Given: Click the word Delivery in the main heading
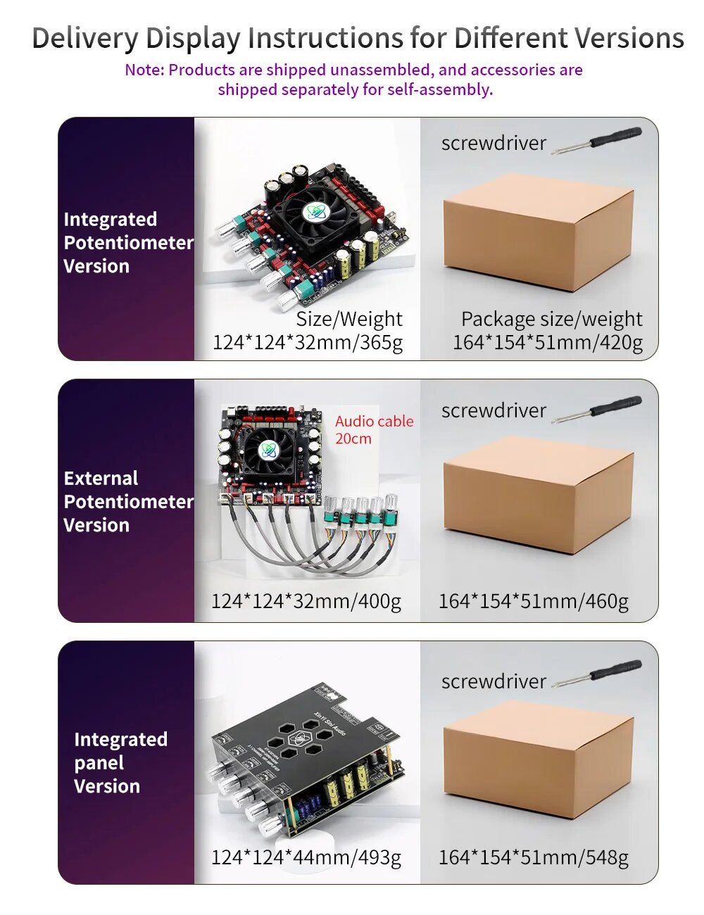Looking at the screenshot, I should click(84, 38).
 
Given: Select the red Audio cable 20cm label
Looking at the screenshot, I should click(374, 429).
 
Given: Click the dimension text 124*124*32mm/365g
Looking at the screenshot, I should click(308, 343).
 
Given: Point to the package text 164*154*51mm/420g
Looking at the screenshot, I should click(548, 343).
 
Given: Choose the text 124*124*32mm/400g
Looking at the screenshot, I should click(306, 601).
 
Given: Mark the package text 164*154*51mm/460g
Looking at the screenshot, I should click(534, 601).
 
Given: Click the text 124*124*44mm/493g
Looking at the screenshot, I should click(306, 857).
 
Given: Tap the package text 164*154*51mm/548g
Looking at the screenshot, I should click(534, 857).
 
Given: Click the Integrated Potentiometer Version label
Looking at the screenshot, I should click(127, 242).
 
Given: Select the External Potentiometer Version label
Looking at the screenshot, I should click(127, 501).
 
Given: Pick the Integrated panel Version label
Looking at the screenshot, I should click(120, 762).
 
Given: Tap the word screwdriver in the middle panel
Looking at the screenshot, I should click(494, 410).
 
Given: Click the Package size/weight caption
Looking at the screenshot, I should click(551, 320).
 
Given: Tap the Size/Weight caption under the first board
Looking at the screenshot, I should click(349, 320).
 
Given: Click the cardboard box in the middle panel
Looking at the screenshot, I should click(538, 493).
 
